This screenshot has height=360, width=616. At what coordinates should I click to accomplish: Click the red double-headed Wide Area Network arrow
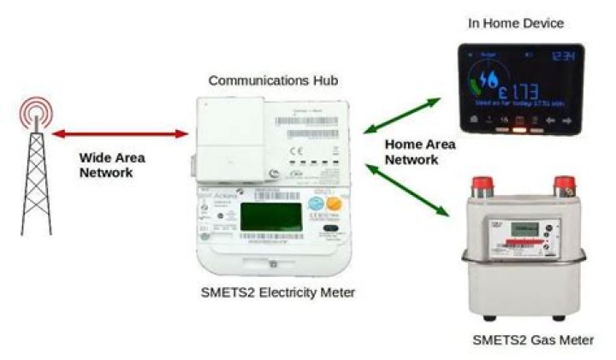pyautogui.click(x=121, y=134)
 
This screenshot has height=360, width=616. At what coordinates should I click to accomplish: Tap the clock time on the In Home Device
pyautogui.click(x=562, y=56)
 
